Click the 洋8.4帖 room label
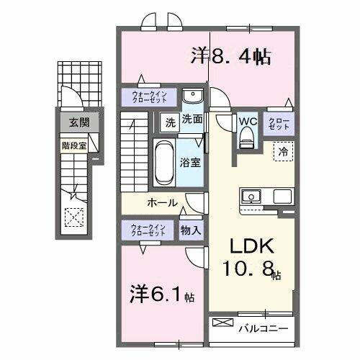pyautogui.click(x=230, y=57)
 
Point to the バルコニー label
pyautogui.click(x=264, y=328)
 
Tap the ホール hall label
pyautogui.click(x=162, y=203)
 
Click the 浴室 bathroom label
pyautogui.click(x=191, y=163)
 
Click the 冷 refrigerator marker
pyautogui.click(x=284, y=151)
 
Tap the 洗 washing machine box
pyautogui.click(x=170, y=121)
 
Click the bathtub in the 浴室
pyautogui.click(x=163, y=163)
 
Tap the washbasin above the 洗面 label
pyautogui.click(x=192, y=97)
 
